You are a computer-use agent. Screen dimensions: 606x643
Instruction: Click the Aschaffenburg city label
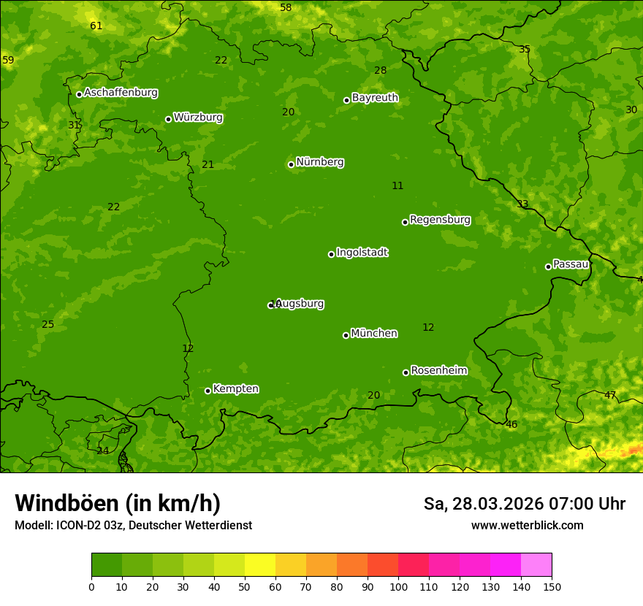(x=121, y=93)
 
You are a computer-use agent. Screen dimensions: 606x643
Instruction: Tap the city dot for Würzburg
(x=168, y=119)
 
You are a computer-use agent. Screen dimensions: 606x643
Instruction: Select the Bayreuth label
(x=375, y=98)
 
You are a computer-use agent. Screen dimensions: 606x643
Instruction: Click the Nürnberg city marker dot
(x=291, y=164)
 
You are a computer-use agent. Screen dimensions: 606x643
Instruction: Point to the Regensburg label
(x=440, y=220)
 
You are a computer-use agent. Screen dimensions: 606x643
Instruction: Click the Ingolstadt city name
(x=362, y=253)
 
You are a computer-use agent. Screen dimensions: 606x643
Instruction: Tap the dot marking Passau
(x=548, y=266)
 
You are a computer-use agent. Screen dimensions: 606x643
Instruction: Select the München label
(x=374, y=334)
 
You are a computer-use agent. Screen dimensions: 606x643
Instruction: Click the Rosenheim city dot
(x=406, y=372)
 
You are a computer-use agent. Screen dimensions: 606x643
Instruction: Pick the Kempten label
(x=235, y=389)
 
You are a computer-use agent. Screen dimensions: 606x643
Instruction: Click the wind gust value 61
(x=96, y=26)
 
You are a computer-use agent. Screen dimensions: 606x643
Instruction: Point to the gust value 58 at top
(x=286, y=8)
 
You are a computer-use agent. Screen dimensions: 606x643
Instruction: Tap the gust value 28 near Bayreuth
(x=380, y=71)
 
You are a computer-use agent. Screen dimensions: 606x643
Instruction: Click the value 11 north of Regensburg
(x=397, y=186)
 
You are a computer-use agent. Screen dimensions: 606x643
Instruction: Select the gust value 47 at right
(x=610, y=396)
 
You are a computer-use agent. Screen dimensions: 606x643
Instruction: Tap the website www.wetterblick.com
(x=527, y=526)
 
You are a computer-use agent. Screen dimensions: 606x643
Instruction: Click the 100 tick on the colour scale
(x=398, y=586)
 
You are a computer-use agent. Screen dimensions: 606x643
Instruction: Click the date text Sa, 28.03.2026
(x=483, y=504)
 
